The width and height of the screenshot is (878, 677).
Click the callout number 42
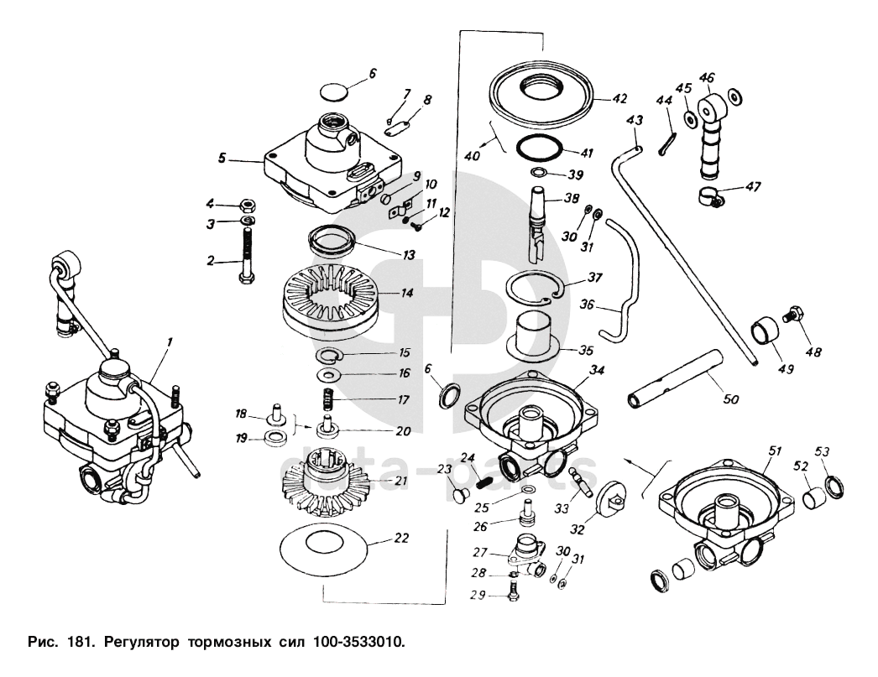click(x=619, y=99)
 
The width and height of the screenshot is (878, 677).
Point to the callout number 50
click(x=731, y=398)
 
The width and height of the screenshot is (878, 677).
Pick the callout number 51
click(x=772, y=450)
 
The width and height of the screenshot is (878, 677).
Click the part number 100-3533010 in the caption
click(x=355, y=643)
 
